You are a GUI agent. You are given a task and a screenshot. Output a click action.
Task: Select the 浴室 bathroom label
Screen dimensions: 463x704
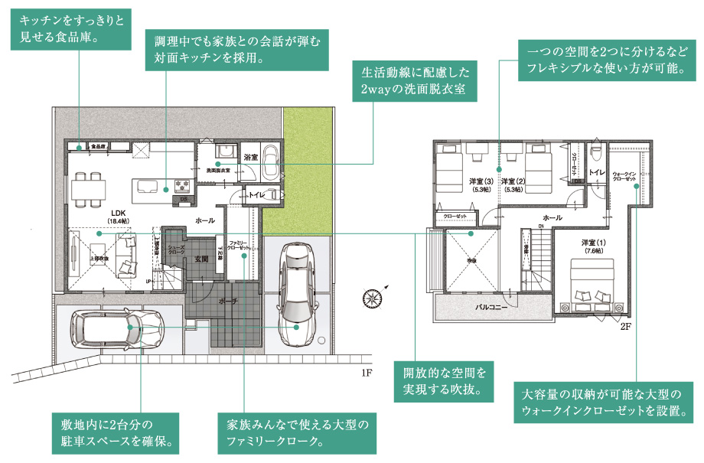click(251, 158)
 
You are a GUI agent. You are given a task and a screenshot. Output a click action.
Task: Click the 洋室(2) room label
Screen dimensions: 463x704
click(512, 182)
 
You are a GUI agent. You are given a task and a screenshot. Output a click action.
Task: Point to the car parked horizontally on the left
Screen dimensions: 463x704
click(116, 331)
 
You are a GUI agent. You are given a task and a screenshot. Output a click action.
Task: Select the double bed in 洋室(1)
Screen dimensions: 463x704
click(594, 283)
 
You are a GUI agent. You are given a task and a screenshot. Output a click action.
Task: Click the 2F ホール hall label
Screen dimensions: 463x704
click(552, 218)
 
